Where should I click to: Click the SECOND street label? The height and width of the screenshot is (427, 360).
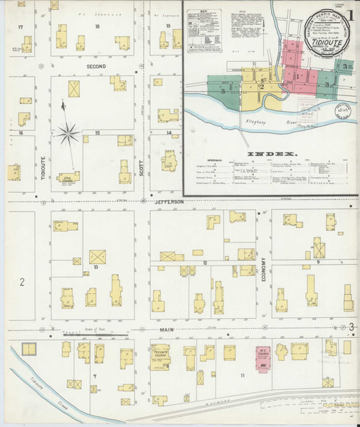(x=96, y=66)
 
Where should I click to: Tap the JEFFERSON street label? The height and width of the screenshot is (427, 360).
(x=168, y=203)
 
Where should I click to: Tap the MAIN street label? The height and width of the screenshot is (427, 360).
(x=167, y=328)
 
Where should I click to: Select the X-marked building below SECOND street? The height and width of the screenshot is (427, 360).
(x=73, y=89)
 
